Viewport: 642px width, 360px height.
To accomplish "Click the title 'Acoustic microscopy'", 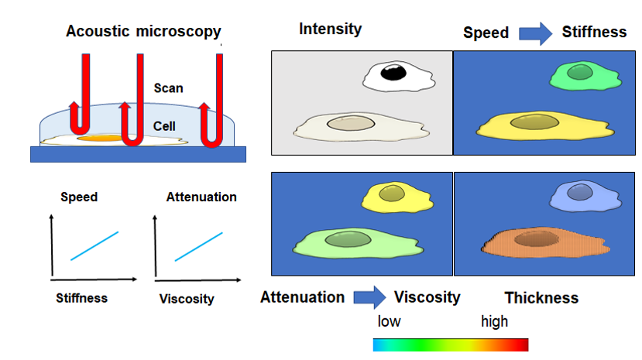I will (143, 32).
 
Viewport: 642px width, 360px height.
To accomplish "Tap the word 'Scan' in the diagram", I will (168, 87).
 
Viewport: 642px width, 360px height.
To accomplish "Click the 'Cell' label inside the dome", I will (164, 125).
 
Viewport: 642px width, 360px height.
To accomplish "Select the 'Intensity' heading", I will (330, 29).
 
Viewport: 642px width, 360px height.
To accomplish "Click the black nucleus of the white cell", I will (395, 74).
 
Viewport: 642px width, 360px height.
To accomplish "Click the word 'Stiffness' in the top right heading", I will (594, 32).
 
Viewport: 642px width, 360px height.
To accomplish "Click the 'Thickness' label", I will (541, 298).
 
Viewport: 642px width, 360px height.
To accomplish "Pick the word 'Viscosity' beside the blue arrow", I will (427, 297).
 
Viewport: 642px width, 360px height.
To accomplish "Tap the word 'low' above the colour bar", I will (389, 321).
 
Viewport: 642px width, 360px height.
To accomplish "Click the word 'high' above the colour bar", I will (494, 321).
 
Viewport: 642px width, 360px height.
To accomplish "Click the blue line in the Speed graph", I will (94, 245).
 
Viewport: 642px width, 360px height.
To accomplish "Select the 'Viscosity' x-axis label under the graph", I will (186, 299).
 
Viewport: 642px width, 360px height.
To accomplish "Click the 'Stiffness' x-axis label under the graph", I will (82, 297).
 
